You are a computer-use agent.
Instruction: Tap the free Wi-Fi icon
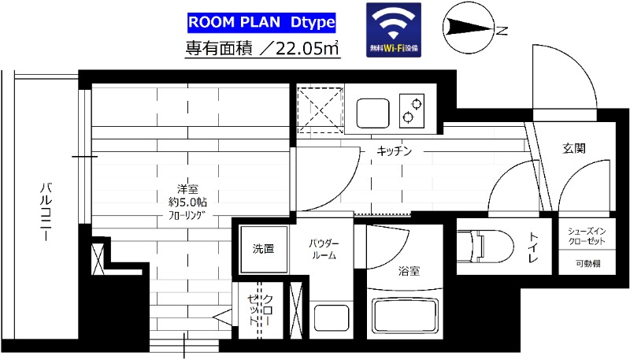tap(394, 29)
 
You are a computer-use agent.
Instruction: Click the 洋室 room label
tap(187, 189)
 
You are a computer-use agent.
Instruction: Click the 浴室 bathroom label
tap(409, 272)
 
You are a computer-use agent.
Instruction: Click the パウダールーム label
tap(323, 249)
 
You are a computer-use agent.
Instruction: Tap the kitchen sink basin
tap(374, 112)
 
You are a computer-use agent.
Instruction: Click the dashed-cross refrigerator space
tap(320, 109)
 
